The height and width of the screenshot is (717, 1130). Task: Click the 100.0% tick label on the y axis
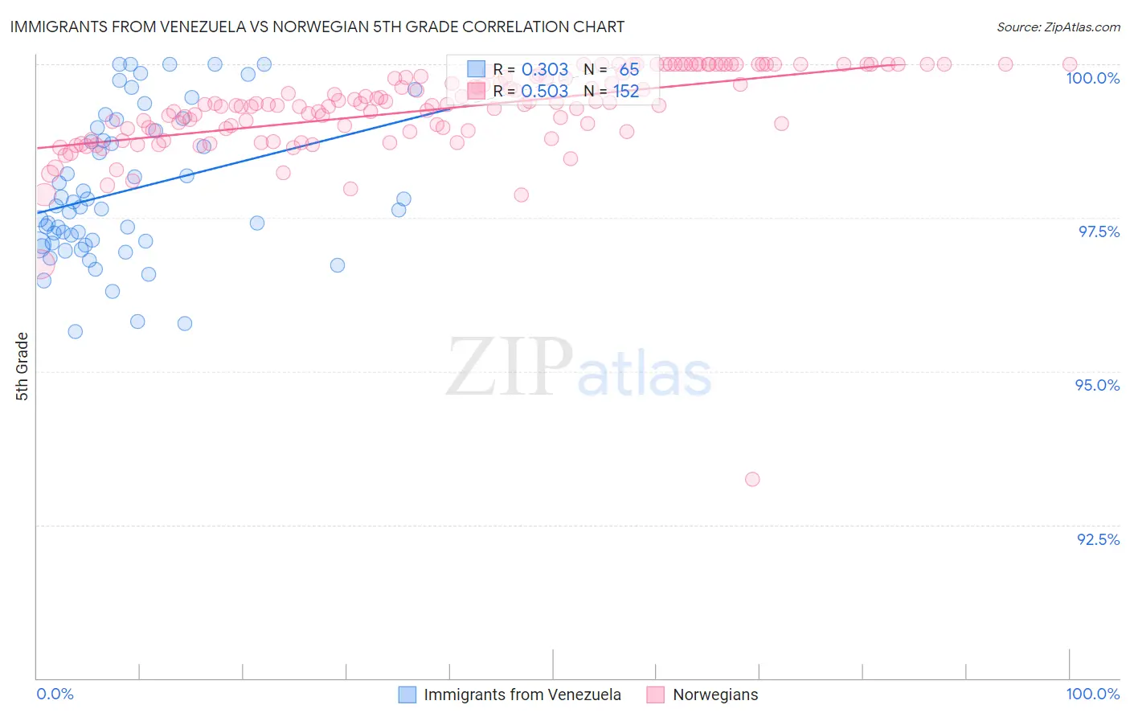(1092, 78)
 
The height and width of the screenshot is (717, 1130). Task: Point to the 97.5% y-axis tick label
(1098, 231)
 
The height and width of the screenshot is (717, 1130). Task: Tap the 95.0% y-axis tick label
(1097, 385)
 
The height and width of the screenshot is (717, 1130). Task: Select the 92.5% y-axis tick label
(1098, 539)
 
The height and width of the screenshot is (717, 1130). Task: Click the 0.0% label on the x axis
(55, 694)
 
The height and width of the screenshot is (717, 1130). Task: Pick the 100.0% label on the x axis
(1092, 694)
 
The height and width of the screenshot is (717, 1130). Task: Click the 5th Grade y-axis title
(23, 366)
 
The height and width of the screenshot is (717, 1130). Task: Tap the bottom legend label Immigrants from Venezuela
(522, 694)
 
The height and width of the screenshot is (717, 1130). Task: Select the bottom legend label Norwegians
(715, 694)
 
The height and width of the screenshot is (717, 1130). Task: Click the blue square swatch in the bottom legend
(407, 694)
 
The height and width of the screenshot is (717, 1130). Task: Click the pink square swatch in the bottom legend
(656, 694)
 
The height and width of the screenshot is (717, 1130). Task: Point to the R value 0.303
(545, 70)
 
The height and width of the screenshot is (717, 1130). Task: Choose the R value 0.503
(545, 92)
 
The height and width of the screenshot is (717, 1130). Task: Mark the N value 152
(626, 92)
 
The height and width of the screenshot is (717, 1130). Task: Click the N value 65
(628, 70)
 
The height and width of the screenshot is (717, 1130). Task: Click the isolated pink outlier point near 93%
(752, 479)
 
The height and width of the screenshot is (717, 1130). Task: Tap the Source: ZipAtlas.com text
(1058, 27)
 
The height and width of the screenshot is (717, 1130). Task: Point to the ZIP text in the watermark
(510, 367)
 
